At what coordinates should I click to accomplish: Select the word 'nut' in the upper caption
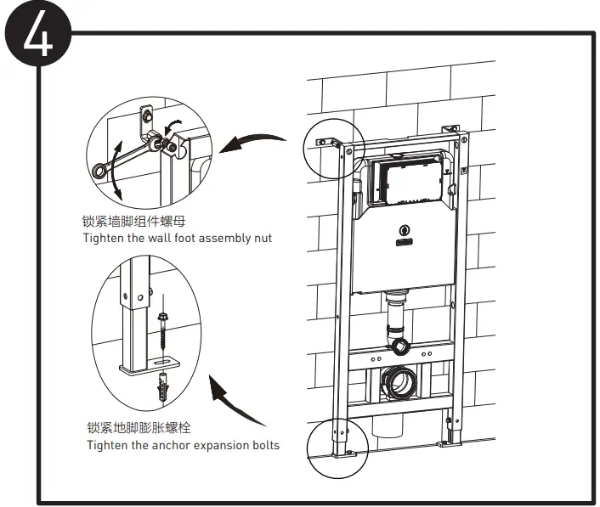point(262,239)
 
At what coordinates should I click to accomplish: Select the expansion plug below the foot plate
point(161,389)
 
